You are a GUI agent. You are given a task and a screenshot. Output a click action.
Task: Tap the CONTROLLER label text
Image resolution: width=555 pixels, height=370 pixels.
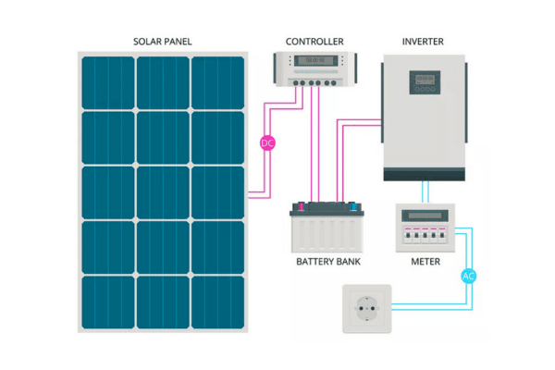coord(314,42)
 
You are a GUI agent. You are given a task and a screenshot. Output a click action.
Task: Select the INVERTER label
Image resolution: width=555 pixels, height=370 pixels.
coord(424,42)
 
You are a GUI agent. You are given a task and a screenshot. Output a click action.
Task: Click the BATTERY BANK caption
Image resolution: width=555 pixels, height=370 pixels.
coord(328,262)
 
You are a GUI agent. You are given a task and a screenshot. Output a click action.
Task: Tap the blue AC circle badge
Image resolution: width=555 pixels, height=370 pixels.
coord(468,276)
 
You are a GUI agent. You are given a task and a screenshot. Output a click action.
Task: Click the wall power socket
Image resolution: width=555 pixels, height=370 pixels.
coord(368,309)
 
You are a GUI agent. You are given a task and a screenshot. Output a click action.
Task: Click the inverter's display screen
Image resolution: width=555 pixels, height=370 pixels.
coord(425,81)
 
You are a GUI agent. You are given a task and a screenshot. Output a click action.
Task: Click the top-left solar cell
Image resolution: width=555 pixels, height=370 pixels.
coord(107,81)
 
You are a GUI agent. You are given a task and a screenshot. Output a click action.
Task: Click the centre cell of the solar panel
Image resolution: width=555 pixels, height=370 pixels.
coord(163,192)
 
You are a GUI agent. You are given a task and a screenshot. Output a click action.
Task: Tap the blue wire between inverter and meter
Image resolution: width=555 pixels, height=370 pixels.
coord(425,191)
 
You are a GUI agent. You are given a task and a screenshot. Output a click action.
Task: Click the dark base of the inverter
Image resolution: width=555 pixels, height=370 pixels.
coord(425,174)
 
